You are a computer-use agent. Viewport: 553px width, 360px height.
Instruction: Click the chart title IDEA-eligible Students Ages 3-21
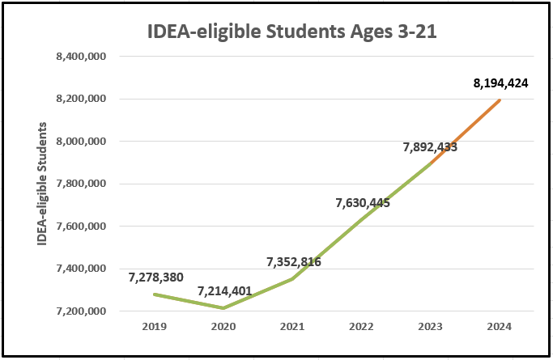[275, 32]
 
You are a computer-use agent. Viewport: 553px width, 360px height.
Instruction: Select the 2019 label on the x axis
[154, 327]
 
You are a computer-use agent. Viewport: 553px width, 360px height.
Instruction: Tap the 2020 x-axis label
[223, 327]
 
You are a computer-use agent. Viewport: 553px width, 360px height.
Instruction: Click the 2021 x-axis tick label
[292, 327]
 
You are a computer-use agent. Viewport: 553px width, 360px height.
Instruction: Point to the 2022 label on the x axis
[361, 327]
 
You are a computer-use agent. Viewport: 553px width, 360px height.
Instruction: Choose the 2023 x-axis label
[431, 327]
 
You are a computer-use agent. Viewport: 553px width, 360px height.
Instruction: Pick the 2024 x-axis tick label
[500, 327]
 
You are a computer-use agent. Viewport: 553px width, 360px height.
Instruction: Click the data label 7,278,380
[156, 277]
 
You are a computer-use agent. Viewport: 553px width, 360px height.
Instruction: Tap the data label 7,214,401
[224, 291]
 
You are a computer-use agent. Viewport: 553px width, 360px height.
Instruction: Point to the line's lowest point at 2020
[223, 308]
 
